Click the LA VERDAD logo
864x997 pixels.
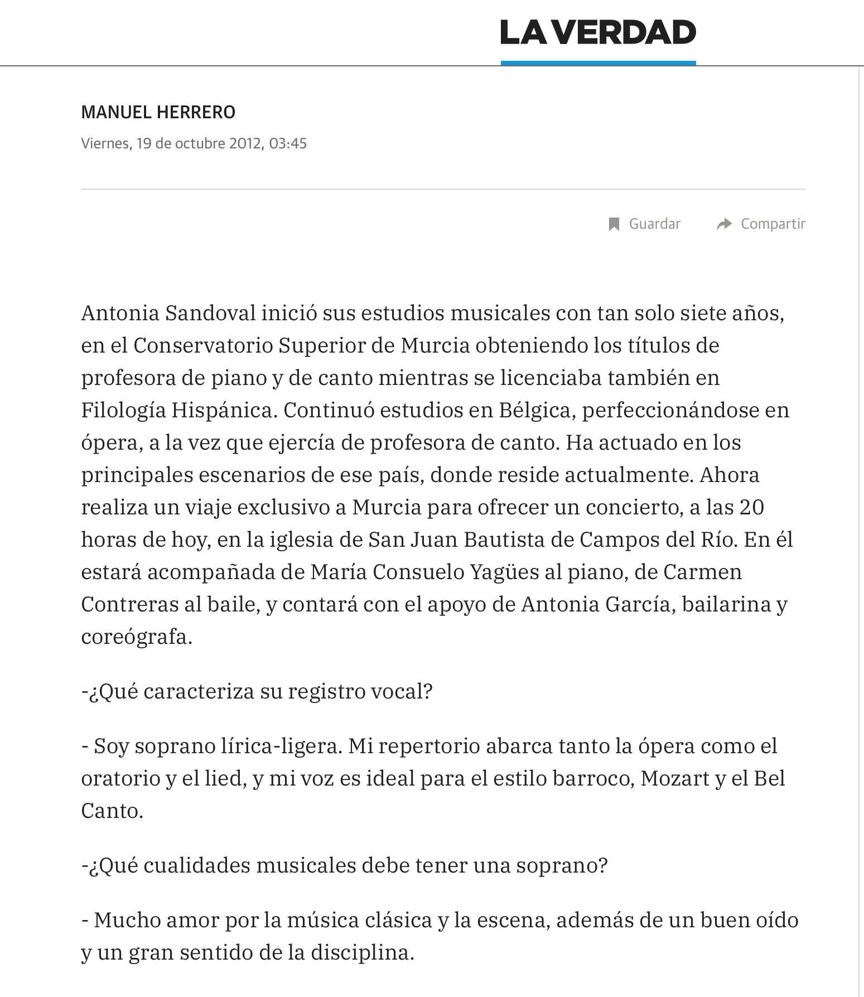[x=598, y=32]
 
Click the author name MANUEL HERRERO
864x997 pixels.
[x=158, y=113]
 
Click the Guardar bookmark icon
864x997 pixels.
[x=614, y=224]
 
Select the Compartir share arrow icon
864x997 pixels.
[x=724, y=224]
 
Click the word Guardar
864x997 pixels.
[x=654, y=224]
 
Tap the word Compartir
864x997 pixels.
[x=773, y=224]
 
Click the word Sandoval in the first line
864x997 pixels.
[x=210, y=314]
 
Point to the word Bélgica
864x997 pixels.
[x=535, y=411]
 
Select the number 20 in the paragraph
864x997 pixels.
[x=751, y=508]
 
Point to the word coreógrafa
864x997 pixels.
[x=136, y=637]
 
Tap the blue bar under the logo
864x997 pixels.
[x=598, y=63]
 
